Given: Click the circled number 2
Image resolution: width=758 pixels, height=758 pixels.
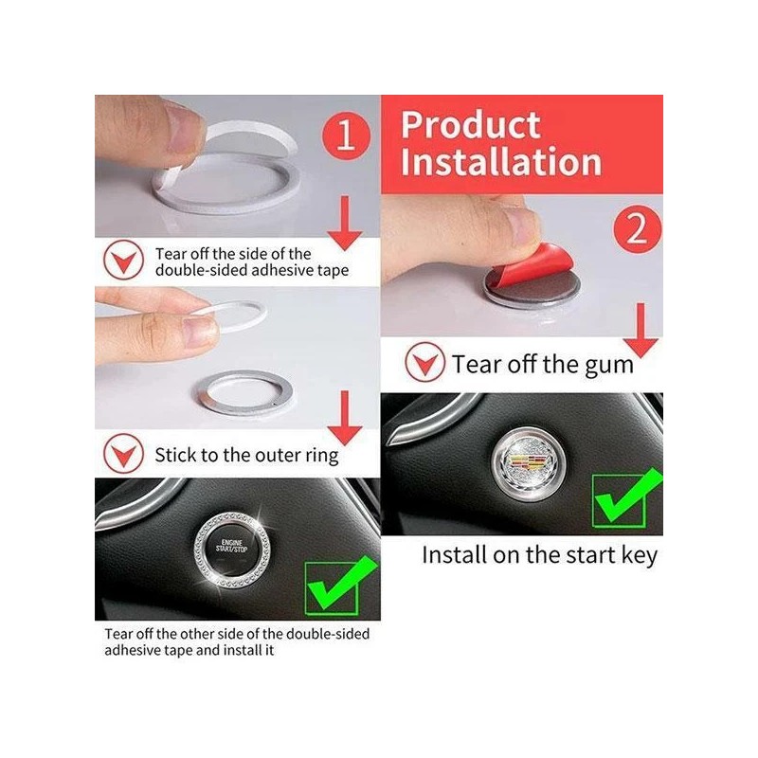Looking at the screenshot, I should coord(636,228).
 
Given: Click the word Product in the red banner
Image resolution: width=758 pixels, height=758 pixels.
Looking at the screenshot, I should coord(470,125).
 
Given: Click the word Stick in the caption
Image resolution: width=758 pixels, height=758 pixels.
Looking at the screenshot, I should coord(176,454).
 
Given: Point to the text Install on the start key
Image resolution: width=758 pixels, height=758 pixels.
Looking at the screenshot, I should coord(538,554).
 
